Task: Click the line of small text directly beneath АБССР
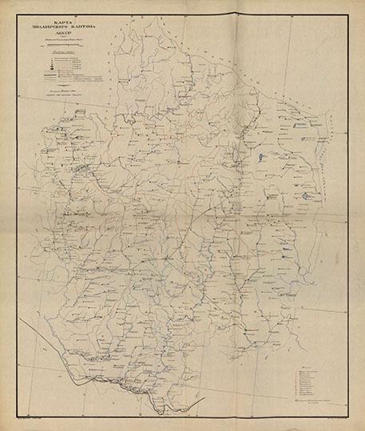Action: coord(73,47)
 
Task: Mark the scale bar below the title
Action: coord(73,54)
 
